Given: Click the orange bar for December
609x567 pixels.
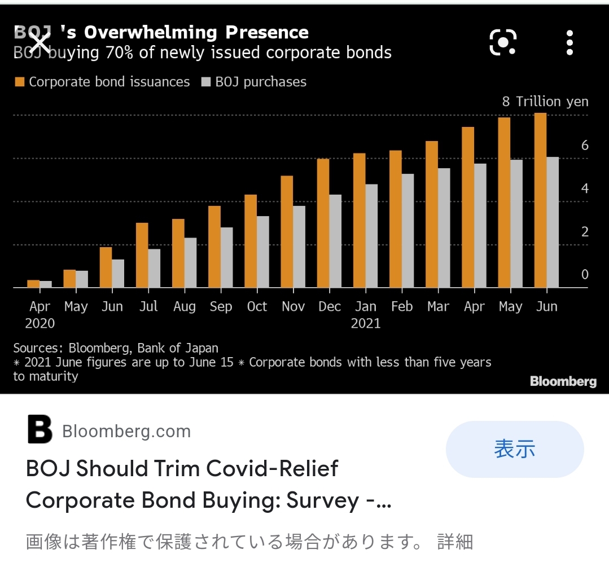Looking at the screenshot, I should [323, 223].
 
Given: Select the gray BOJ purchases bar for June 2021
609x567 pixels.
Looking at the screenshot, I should [553, 222].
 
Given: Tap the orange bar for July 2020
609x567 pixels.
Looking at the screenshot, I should [142, 255].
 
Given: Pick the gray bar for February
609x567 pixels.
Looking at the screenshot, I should [408, 231].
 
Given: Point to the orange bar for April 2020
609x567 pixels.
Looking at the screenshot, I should [33, 284].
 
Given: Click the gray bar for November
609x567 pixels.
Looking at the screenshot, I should [299, 247].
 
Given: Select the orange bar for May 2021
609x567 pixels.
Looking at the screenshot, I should [504, 203].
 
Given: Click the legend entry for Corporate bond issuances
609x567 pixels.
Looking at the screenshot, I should [102, 82].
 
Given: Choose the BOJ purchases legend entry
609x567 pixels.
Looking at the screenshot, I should [253, 82].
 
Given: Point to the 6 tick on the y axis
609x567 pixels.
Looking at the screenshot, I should [585, 146].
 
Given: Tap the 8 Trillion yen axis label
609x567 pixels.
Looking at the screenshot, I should [545, 102].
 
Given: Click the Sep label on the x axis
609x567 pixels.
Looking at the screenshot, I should [221, 306].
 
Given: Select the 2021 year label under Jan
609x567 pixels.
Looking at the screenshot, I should [366, 323].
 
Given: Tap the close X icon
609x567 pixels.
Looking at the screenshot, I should [40, 42].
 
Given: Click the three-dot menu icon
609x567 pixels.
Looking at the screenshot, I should [569, 43].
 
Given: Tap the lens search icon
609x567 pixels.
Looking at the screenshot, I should [503, 42].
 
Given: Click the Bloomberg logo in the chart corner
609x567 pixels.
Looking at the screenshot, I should [563, 381].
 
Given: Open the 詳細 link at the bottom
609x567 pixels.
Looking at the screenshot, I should [455, 542].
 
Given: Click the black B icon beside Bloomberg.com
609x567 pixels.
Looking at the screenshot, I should [40, 431].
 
